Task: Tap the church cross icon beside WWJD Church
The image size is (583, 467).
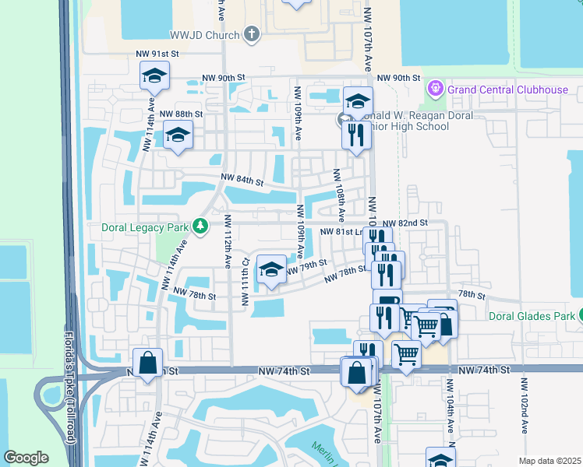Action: click(251, 33)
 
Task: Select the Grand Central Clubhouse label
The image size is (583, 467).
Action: click(507, 90)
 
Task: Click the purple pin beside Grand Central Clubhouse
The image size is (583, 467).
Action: click(436, 90)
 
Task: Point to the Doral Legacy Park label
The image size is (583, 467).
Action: click(146, 227)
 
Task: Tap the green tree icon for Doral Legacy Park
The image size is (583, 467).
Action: click(201, 226)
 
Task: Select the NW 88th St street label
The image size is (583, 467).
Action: click(181, 114)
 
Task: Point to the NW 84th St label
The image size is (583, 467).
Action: click(242, 180)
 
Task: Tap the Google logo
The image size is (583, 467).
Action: click(26, 458)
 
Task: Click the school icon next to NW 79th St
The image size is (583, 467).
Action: click(270, 270)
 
